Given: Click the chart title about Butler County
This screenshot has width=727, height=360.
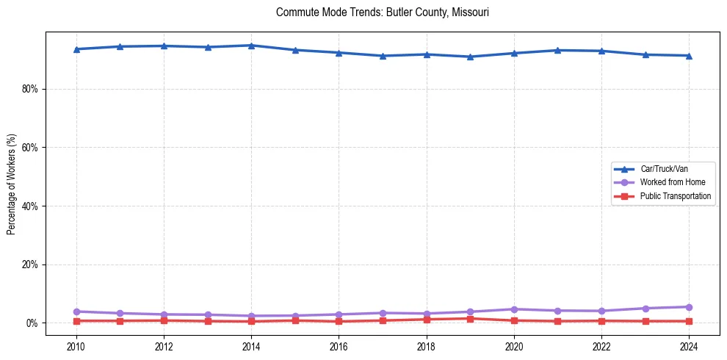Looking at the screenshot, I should point(382,12).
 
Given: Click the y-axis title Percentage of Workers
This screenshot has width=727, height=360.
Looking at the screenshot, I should point(12,184).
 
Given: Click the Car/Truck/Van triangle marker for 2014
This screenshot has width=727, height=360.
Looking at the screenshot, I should point(251,46).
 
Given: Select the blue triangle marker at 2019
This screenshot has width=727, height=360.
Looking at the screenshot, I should point(470,57).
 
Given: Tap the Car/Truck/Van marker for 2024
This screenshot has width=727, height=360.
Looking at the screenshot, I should point(689,56).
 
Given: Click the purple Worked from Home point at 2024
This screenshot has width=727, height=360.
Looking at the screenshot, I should point(689,307).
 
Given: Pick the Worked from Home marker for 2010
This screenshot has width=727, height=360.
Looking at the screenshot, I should point(76,312).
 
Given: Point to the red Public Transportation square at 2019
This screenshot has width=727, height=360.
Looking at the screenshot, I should point(470,319).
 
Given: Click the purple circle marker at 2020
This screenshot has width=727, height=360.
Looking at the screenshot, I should point(514,309).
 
